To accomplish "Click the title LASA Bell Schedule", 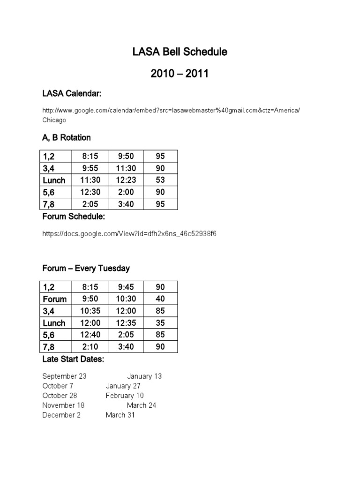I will tap(180, 52).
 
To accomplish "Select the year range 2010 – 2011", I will tap(180, 74).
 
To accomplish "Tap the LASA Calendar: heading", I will tap(72, 94).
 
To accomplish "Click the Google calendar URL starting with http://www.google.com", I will tap(171, 110).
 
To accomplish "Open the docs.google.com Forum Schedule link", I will tap(129, 233).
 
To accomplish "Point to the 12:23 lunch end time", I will tap(126, 180).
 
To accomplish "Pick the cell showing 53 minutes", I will tap(160, 180).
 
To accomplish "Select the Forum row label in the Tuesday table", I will tap(55, 299).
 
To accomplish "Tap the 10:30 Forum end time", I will tap(126, 299).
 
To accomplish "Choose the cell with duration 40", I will tap(160, 299).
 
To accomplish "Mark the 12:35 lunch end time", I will tap(126, 323).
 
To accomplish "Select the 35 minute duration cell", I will tap(160, 323).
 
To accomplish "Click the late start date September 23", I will tap(64, 376).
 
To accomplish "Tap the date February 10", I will tap(125, 396).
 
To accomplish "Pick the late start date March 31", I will tap(120, 415).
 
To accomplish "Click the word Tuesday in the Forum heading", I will tap(112, 269).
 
